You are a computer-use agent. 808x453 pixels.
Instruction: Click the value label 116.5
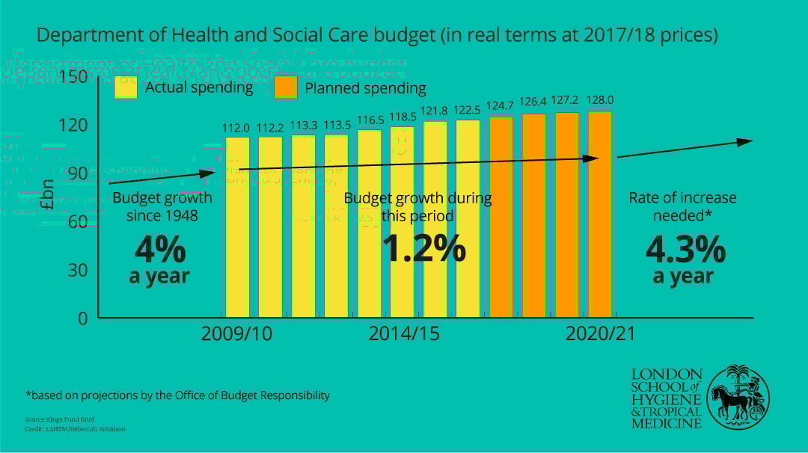pyautogui.click(x=370, y=120)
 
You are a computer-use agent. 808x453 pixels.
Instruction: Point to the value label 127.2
pyautogui.click(x=567, y=100)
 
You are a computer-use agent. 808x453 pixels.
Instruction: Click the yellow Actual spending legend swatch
pyautogui.click(x=126, y=87)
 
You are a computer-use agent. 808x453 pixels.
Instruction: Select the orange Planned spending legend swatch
pyautogui.click(x=286, y=87)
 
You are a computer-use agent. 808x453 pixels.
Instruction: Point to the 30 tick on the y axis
pyautogui.click(x=78, y=270)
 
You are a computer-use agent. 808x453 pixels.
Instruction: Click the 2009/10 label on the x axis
pyautogui.click(x=236, y=333)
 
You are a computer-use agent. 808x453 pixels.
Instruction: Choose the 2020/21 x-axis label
pyautogui.click(x=600, y=333)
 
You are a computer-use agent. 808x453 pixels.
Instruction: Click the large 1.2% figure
pyautogui.click(x=423, y=248)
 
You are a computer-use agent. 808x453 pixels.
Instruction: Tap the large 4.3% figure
pyautogui.click(x=685, y=248)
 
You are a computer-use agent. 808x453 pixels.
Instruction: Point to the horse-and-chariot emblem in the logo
pyautogui.click(x=738, y=397)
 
